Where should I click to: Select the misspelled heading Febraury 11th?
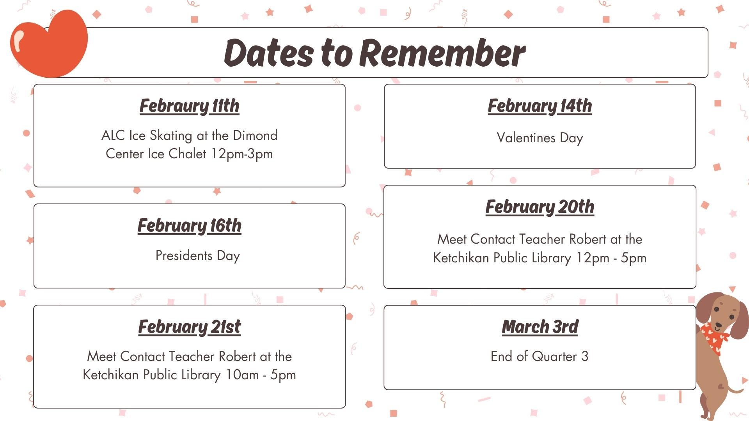(190, 106)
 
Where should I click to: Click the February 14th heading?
(540, 106)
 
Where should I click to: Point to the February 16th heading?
(190, 226)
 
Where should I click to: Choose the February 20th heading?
(540, 207)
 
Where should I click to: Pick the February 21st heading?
(190, 327)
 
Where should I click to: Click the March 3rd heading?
(540, 327)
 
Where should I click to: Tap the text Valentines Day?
(540, 138)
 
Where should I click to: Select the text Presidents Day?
(198, 256)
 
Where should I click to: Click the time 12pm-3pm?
(242, 154)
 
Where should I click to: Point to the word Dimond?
(255, 135)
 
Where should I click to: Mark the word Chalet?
(187, 154)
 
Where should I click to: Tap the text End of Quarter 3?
(540, 356)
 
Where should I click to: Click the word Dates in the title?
(269, 53)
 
